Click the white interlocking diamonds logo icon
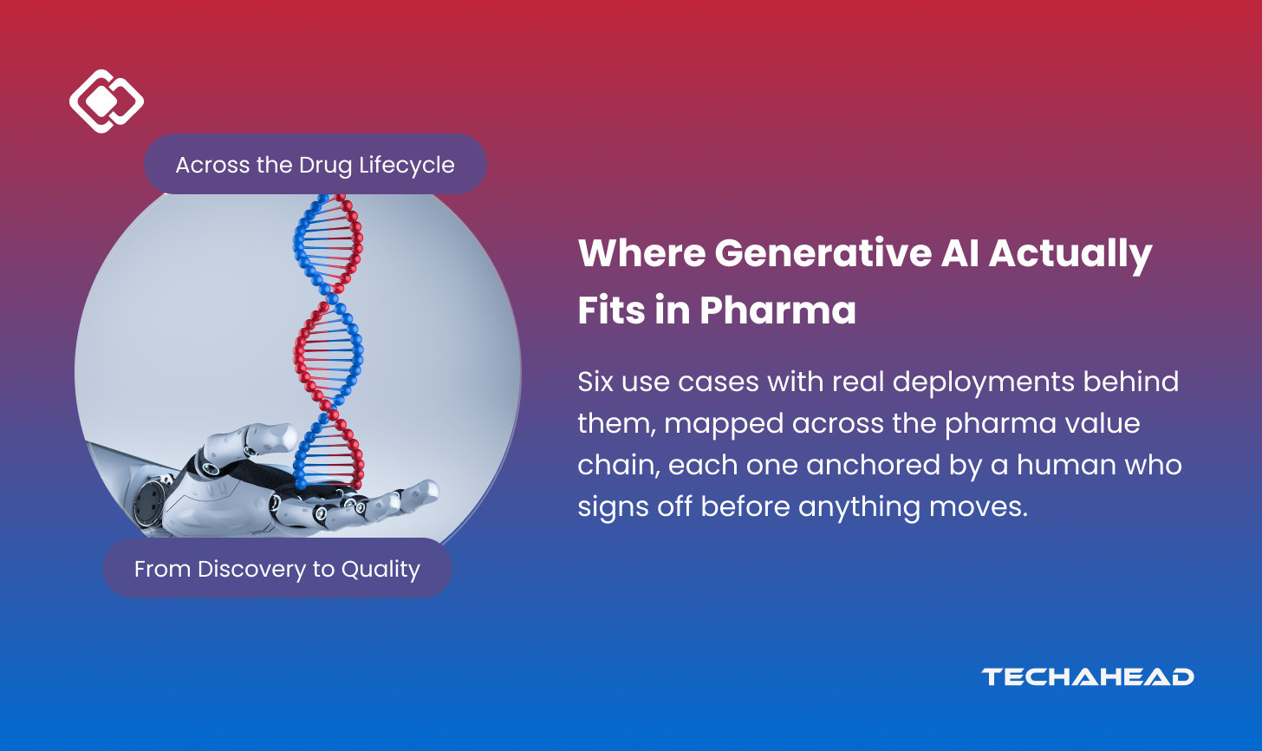(x=107, y=101)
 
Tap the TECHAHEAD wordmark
(x=1087, y=677)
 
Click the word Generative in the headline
(x=823, y=252)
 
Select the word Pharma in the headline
(x=778, y=310)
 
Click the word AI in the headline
(x=960, y=253)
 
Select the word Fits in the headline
(x=611, y=310)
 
